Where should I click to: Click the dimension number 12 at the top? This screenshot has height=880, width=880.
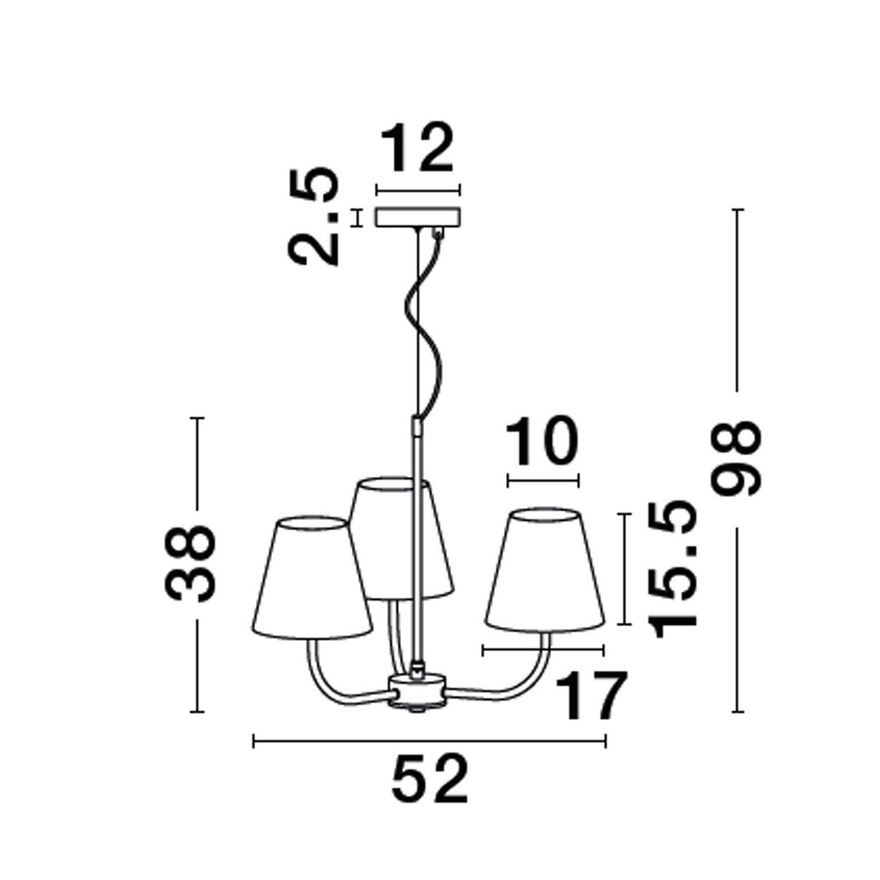(418, 149)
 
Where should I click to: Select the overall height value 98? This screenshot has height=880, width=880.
(737, 459)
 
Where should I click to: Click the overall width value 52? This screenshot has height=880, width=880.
(430, 779)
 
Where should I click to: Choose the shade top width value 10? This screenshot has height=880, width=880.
(543, 442)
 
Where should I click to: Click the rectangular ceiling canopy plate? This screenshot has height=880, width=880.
(418, 217)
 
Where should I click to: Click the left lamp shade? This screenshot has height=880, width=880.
(311, 579)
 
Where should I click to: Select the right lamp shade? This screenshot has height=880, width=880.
(544, 572)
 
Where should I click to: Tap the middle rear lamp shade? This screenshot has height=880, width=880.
(400, 535)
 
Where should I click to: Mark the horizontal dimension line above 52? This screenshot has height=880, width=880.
(430, 742)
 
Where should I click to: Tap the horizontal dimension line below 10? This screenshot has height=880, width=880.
(543, 481)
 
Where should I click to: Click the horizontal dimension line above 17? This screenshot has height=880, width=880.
(543, 650)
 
